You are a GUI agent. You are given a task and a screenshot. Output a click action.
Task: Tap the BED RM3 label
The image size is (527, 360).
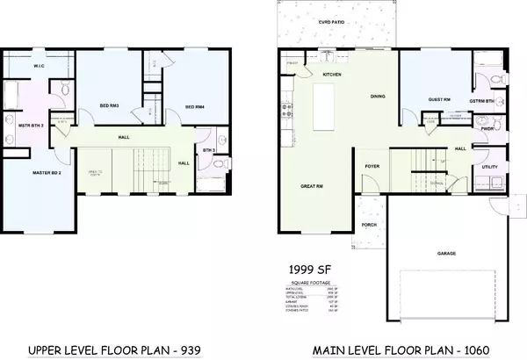109,106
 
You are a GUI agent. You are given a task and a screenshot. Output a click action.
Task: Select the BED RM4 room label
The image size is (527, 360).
194,106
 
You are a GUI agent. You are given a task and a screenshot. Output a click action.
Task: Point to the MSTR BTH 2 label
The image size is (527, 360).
31,126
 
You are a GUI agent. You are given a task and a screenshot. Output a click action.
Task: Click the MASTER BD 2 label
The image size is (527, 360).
34,174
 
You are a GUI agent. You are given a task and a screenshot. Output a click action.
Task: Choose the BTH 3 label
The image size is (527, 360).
208,150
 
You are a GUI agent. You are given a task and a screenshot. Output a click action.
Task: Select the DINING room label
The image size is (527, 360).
378,96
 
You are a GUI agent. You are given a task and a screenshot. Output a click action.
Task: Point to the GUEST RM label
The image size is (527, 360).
439,99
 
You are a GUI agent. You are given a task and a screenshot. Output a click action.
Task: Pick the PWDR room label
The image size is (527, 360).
461,127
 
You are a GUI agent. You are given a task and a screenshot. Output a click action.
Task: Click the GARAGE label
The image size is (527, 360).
447,252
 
